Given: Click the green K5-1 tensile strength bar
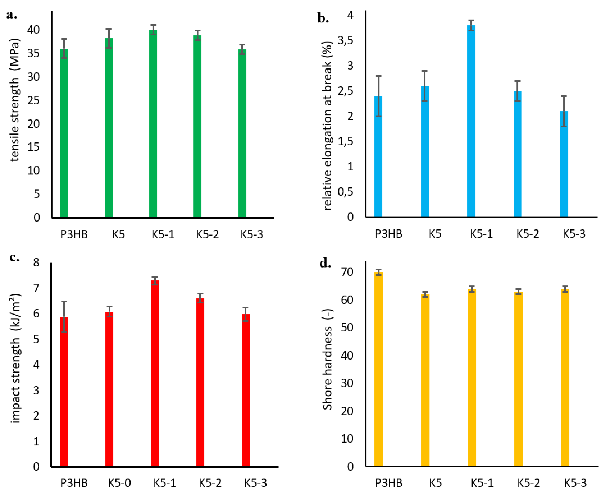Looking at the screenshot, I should tap(153, 124).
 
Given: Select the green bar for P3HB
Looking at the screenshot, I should tap(64, 132).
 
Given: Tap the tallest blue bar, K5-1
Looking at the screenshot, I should tap(471, 121).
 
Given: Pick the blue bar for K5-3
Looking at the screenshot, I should tap(564, 164).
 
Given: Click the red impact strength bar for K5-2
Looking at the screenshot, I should tap(200, 383).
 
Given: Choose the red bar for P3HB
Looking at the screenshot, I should tap(64, 392).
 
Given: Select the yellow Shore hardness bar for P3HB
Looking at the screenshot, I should tap(378, 369).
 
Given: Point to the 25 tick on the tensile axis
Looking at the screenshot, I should tap(34, 100).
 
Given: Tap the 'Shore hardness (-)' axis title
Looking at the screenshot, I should tap(327, 359).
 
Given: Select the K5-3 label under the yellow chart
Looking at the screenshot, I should tap(575, 483).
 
